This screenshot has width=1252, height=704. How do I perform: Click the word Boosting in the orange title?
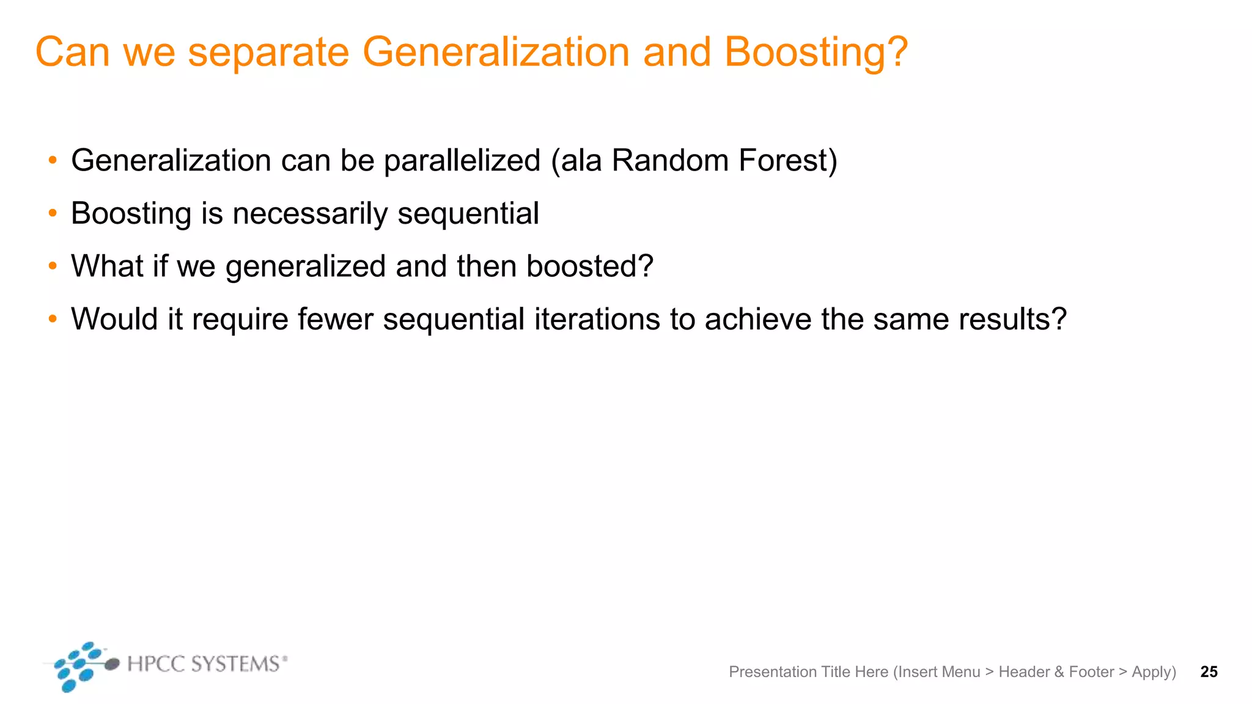tap(807, 53)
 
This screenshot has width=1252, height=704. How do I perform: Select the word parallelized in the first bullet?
tap(462, 161)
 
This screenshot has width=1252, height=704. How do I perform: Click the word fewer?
tap(335, 319)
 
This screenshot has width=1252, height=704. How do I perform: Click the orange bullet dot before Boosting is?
tap(53, 213)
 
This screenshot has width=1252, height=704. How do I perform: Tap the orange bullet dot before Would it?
tap(53, 318)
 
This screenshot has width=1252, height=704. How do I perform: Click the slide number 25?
tap(1209, 672)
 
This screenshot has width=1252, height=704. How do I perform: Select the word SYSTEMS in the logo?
tap(235, 664)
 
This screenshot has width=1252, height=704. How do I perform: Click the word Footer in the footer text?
tap(1091, 672)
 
